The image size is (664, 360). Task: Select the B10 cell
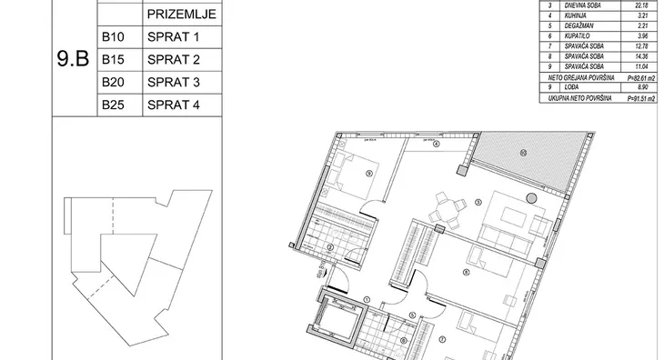[113, 39]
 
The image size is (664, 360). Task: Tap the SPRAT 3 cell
[172, 83]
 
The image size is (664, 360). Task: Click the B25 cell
[113, 105]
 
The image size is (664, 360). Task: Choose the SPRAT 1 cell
[172, 39]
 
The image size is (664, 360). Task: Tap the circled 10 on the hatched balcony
[522, 153]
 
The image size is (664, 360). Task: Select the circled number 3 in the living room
[478, 202]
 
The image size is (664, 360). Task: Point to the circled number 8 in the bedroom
[465, 271]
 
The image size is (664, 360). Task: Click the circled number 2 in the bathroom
[330, 246]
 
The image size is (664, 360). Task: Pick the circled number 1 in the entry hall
[367, 299]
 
